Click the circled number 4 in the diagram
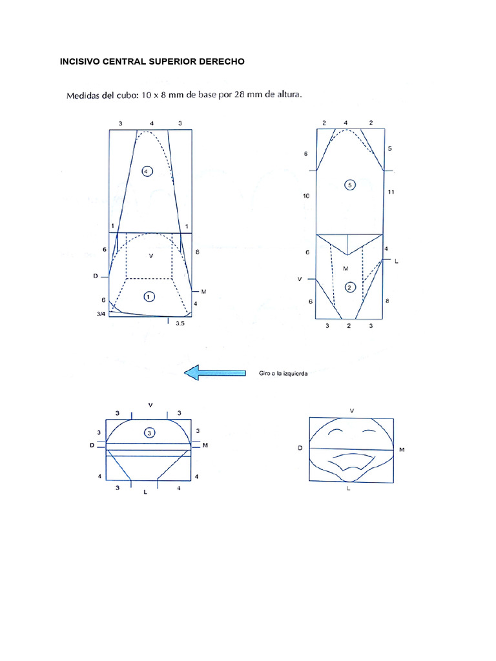click(x=147, y=171)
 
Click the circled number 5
click(x=349, y=185)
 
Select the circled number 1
click(x=149, y=297)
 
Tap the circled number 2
click(x=349, y=287)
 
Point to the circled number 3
click(x=149, y=434)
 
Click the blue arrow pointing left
click(x=214, y=373)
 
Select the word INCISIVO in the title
click(x=80, y=61)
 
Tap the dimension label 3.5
click(x=180, y=325)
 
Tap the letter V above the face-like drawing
click(x=351, y=410)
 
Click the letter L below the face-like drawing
click(x=348, y=489)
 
